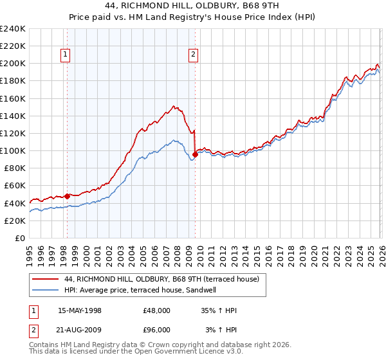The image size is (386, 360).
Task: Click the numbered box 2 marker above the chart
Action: pyautogui.click(x=193, y=55)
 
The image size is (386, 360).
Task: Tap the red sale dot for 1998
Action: pyautogui.click(x=67, y=195)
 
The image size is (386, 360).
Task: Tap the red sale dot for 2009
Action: pyautogui.click(x=195, y=154)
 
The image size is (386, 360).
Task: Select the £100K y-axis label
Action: pyautogui.click(x=13, y=150)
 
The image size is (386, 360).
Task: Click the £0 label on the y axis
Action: pyautogui.click(x=19, y=238)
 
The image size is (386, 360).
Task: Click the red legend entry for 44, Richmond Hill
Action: pyautogui.click(x=161, y=279)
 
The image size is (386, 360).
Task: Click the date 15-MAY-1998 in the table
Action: pyautogui.click(x=80, y=310)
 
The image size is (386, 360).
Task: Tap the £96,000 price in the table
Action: pyautogui.click(x=157, y=330)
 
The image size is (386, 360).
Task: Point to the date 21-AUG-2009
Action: pyautogui.click(x=80, y=330)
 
